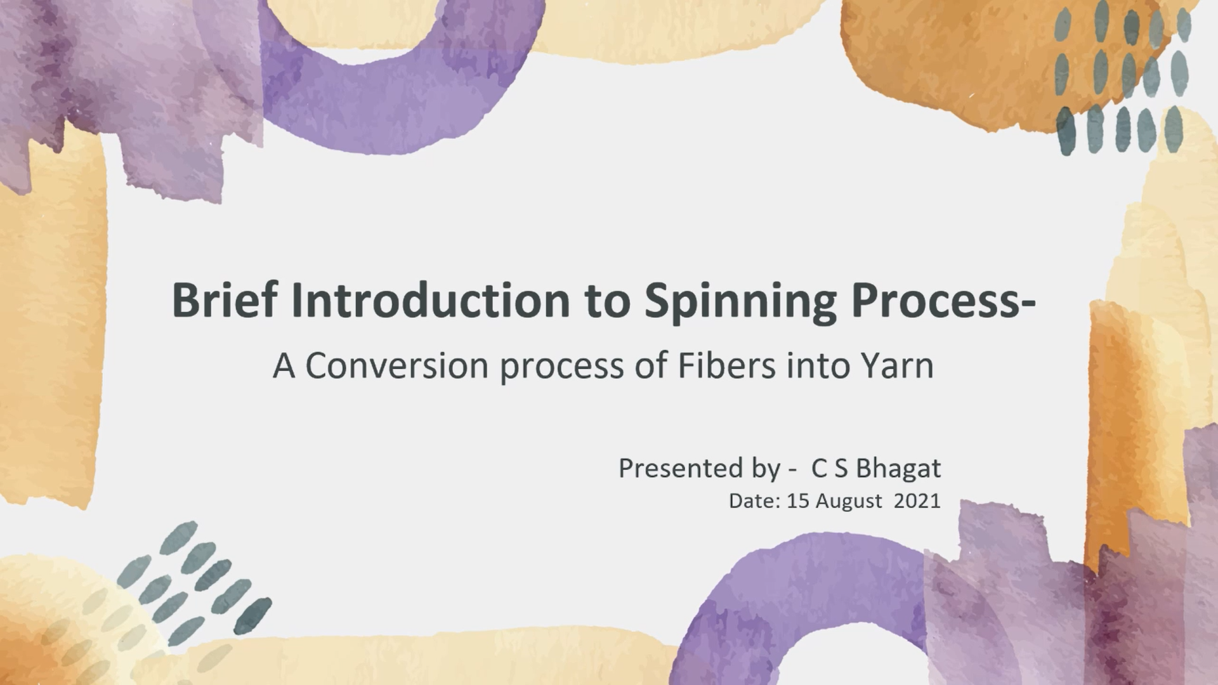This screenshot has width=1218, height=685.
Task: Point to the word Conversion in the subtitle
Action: (397, 366)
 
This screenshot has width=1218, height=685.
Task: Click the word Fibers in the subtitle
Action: (727, 365)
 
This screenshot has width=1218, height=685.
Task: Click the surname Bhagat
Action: (898, 469)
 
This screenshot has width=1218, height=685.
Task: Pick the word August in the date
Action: (849, 502)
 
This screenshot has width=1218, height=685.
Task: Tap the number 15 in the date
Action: (798, 501)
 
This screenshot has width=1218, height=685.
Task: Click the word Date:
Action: (754, 501)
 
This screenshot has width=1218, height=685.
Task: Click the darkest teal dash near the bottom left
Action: (253, 615)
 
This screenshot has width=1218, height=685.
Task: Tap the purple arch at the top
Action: (406, 95)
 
